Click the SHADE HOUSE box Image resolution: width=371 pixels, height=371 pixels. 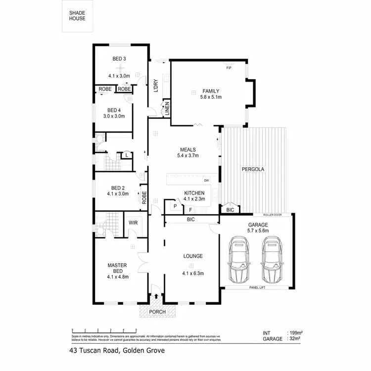[x=77, y=16]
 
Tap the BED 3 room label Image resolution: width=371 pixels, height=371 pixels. [x=119, y=59]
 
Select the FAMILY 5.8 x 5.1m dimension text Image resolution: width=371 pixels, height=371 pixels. [x=211, y=97]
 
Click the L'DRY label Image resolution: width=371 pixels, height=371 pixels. [x=155, y=86]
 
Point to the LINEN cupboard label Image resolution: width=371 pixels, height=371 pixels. [x=168, y=108]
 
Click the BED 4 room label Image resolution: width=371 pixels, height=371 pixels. [x=114, y=110]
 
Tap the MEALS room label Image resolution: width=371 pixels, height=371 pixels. [x=188, y=149]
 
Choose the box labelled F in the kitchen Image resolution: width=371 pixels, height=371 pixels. [x=190, y=210]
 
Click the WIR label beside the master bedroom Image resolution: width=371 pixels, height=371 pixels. [x=133, y=223]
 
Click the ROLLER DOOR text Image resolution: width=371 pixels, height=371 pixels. [x=272, y=215]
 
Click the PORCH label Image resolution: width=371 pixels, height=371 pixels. [x=157, y=312]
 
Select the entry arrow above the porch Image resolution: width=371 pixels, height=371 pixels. [x=157, y=296]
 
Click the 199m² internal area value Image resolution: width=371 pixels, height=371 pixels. [x=295, y=333]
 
